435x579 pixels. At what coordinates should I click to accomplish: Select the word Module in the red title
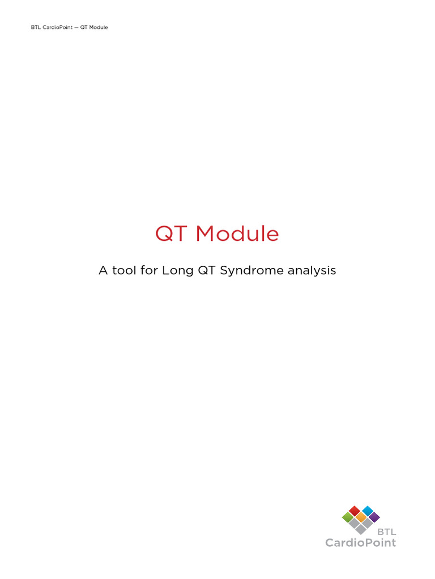click(237, 234)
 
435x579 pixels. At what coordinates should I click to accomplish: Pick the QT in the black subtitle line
click(204, 271)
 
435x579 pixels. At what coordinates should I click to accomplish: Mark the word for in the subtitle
click(148, 271)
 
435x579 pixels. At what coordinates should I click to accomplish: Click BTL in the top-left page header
click(36, 27)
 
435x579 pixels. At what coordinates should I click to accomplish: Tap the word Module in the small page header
click(97, 27)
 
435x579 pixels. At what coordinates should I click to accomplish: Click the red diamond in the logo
click(355, 511)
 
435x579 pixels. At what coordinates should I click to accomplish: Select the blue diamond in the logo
click(368, 511)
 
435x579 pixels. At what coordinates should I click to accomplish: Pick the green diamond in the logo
click(348, 517)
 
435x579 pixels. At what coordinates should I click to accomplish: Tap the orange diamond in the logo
click(361, 517)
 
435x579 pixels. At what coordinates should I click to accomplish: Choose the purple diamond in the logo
click(374, 517)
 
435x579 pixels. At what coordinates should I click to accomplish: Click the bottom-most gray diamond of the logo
click(361, 530)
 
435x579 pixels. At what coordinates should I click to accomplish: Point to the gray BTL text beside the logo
click(387, 532)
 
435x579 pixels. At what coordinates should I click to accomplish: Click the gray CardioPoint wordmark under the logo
click(360, 543)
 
